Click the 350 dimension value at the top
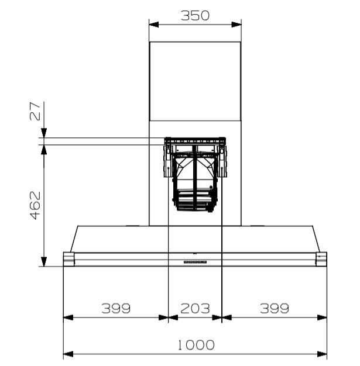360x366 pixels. click(x=195, y=16)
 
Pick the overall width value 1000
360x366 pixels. click(x=195, y=345)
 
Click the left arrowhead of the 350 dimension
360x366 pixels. click(x=154, y=25)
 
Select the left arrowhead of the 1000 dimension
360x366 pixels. click(x=68, y=354)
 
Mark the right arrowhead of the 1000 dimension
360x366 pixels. click(x=322, y=354)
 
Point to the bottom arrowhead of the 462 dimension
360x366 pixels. click(x=43, y=261)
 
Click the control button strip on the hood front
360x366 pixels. click(x=195, y=262)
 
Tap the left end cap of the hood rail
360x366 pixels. click(x=68, y=259)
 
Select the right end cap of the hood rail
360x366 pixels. click(x=321, y=259)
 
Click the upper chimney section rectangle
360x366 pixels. click(x=195, y=81)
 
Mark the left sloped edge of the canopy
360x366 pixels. click(x=73, y=239)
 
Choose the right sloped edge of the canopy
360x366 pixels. click(x=317, y=239)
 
